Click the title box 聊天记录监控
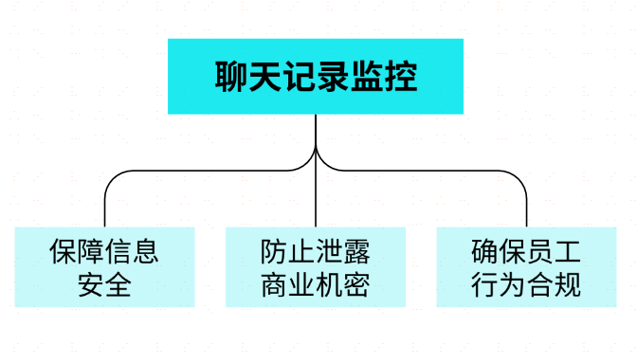(316, 76)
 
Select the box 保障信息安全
(104, 266)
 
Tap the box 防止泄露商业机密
(316, 266)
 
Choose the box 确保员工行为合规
(526, 266)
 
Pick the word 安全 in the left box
(104, 284)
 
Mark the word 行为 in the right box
(499, 284)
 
